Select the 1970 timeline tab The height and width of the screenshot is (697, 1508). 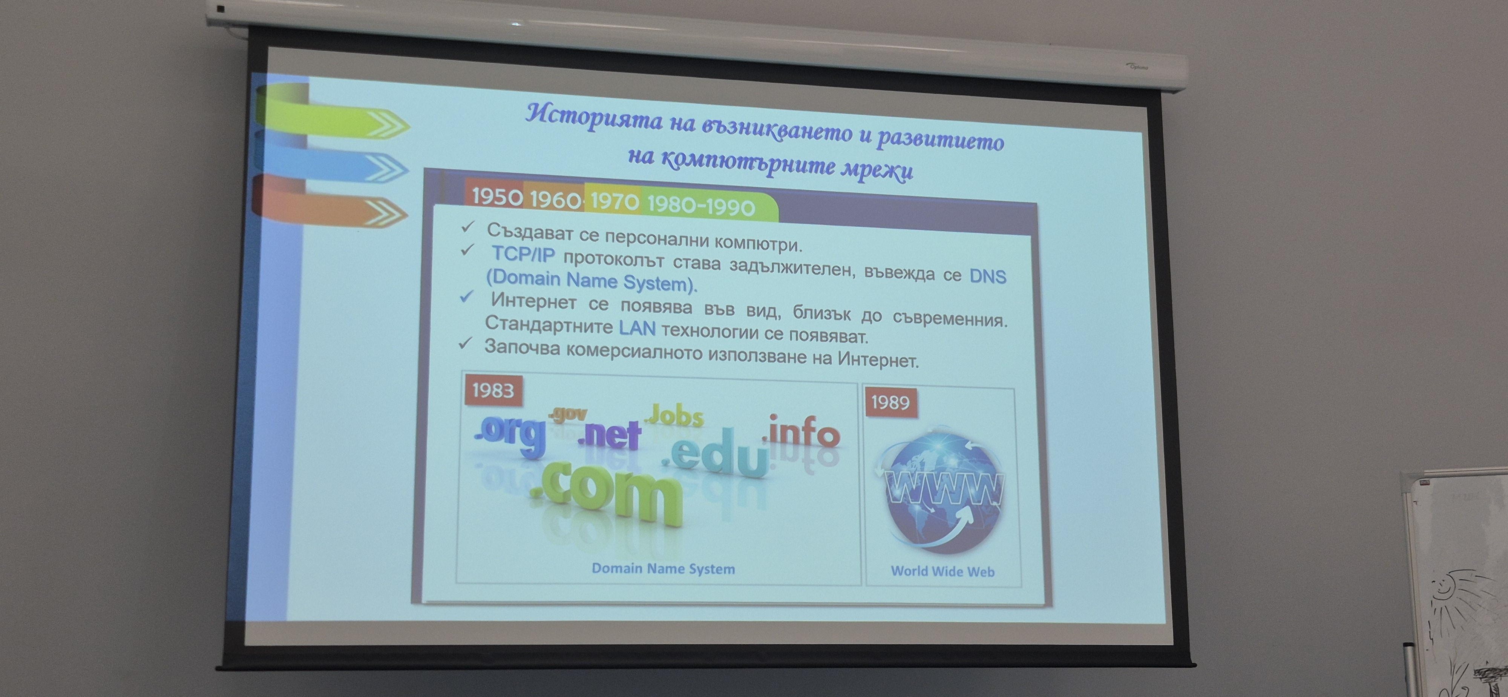click(x=613, y=201)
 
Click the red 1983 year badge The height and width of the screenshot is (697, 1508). click(x=493, y=390)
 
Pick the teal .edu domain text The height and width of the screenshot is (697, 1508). click(x=716, y=452)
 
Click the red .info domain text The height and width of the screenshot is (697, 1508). click(x=801, y=432)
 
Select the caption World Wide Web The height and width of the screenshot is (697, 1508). click(x=942, y=571)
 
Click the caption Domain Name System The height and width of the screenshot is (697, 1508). click(x=663, y=568)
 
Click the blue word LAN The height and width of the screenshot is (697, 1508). click(x=637, y=329)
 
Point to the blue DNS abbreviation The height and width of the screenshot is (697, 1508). click(x=988, y=276)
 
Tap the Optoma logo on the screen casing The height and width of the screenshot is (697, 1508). click(x=1137, y=67)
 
